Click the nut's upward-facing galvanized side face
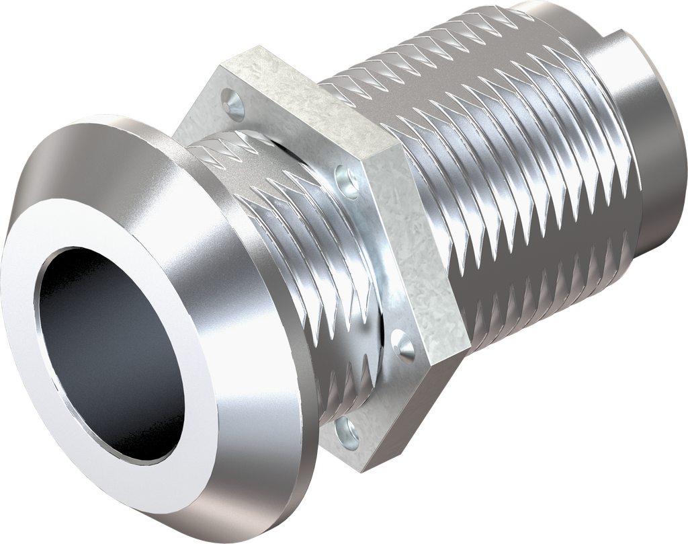click(309, 108)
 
